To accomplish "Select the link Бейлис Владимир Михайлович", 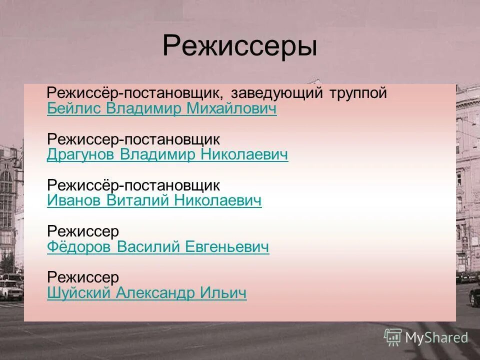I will click(x=161, y=109).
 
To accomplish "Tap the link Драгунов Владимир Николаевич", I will click(x=167, y=155).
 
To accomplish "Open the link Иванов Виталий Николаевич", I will click(x=154, y=201).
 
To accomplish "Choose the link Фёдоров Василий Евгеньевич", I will click(x=158, y=247).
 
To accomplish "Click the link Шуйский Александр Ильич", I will click(x=146, y=293).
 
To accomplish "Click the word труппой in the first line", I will click(x=358, y=93).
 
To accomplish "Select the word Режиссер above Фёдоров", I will click(x=83, y=231).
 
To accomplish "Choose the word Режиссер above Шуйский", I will click(x=83, y=277).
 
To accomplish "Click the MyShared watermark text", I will click(x=436, y=337).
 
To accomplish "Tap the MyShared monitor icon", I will click(x=393, y=337).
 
